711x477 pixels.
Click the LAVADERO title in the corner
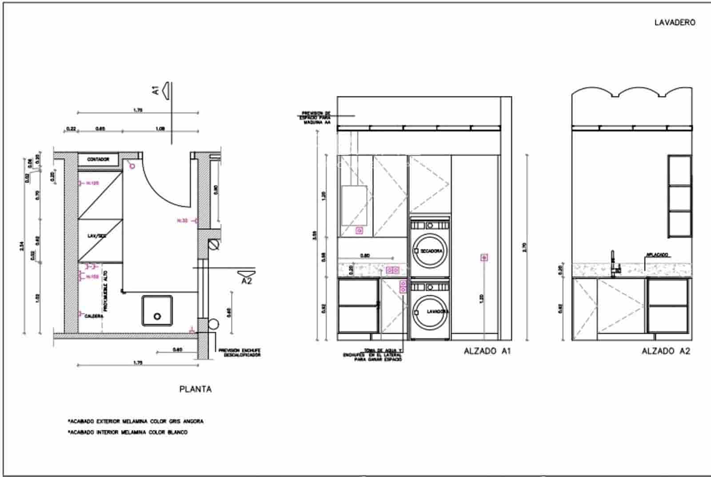tap(675, 22)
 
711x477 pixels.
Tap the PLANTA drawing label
tap(196, 389)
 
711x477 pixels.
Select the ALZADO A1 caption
tap(487, 351)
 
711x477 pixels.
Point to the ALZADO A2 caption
tap(666, 351)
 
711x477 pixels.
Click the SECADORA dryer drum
tap(430, 251)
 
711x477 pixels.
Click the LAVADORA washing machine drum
tap(430, 312)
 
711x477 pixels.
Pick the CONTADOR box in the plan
tap(98, 159)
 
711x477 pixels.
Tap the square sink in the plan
tap(157, 310)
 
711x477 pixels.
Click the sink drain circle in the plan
tap(157, 317)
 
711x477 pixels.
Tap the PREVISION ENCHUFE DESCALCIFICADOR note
tap(239, 353)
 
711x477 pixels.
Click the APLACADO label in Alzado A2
tap(657, 255)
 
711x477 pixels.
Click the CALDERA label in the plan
tap(94, 316)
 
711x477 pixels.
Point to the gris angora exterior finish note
tap(136, 421)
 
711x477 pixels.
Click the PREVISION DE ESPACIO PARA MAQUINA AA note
tap(316, 117)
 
